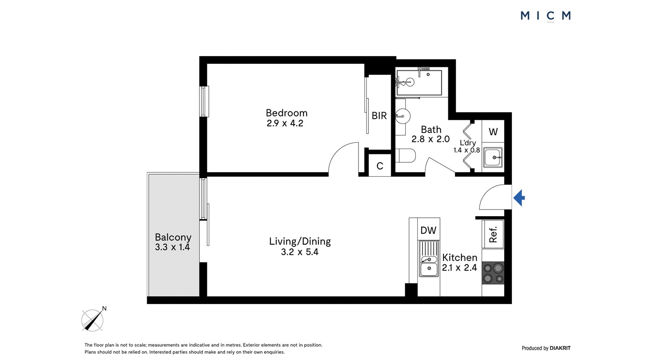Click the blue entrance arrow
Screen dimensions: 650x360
(519, 198)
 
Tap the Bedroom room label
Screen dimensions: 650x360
(286, 113)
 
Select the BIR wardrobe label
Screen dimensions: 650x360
(379, 115)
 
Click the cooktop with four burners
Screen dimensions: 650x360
(493, 273)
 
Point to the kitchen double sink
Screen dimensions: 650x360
(429, 258)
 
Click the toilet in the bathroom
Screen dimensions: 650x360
(405, 156)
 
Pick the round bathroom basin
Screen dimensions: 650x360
(403, 116)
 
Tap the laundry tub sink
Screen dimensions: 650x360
(493, 157)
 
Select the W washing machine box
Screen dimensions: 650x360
(493, 131)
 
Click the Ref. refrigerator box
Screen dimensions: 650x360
(493, 234)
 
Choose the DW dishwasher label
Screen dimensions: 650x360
(428, 230)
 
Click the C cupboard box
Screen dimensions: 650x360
(379, 165)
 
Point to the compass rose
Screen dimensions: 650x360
(93, 320)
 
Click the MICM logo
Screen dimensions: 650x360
(546, 16)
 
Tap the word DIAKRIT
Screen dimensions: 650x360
(560, 348)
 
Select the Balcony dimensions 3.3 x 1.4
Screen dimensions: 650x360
(172, 247)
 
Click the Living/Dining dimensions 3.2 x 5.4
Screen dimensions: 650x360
(300, 252)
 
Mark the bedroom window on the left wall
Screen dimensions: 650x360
(204, 101)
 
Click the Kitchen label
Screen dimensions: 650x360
(459, 258)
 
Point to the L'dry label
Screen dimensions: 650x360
(468, 143)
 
